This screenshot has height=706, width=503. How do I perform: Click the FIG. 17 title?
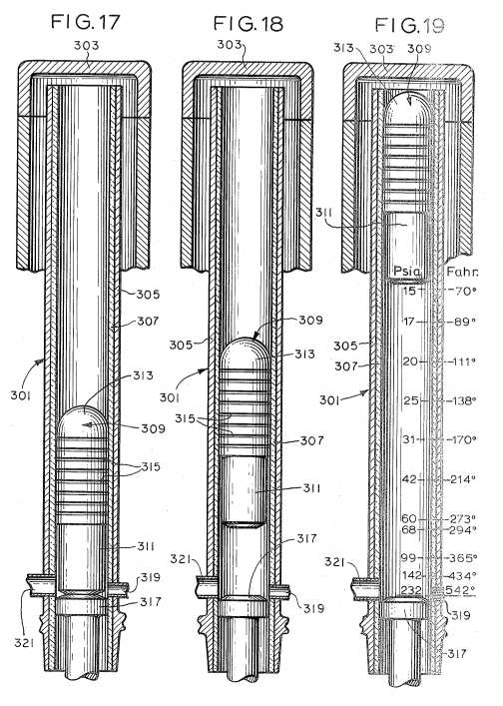85,22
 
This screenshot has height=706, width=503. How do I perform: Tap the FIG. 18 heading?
248,23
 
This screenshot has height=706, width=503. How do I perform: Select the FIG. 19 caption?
409,25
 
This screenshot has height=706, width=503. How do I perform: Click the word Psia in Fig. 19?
407,272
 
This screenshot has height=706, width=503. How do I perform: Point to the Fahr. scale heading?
462,272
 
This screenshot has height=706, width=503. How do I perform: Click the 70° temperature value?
463,291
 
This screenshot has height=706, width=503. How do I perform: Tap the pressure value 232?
411,590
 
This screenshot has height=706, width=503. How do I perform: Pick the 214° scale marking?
463,479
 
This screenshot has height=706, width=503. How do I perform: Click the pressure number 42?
409,479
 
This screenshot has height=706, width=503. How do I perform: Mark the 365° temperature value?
463,558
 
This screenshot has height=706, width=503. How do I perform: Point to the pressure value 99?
408,558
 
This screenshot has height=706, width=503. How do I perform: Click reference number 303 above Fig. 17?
86,46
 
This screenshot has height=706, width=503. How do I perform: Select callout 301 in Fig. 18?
170,398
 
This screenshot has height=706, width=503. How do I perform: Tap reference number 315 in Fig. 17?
151,467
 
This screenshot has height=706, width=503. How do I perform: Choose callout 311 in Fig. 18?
311,488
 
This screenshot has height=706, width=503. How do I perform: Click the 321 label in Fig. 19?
334,562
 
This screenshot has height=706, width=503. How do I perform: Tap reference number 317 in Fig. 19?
455,653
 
